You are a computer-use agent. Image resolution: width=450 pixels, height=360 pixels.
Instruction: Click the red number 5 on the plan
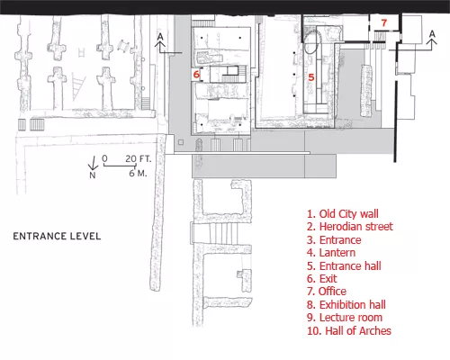[x=311, y=77]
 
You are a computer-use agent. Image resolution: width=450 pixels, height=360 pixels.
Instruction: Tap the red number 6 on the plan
[x=196, y=74]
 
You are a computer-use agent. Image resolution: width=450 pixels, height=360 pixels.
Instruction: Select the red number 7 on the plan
[x=384, y=22]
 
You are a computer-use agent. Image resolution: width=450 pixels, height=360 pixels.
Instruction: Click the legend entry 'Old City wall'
[x=343, y=214]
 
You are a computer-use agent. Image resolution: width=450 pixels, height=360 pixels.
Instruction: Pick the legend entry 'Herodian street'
[x=350, y=227]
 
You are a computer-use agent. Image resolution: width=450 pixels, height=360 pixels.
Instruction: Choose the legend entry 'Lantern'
[x=331, y=253]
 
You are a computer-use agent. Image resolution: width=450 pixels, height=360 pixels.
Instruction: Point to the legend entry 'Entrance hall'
[x=344, y=265]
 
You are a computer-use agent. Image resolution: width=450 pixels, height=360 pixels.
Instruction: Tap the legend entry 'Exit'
[x=322, y=279]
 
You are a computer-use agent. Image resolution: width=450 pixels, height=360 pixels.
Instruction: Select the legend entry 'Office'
[x=327, y=292]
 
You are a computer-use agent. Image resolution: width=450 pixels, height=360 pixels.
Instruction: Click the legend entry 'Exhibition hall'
[x=346, y=305]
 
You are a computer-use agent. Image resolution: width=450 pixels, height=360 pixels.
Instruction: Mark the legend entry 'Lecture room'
[x=345, y=318]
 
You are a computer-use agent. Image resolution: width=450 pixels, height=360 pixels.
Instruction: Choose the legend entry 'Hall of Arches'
[x=349, y=331]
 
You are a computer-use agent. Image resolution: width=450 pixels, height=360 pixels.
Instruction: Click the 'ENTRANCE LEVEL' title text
[x=57, y=236]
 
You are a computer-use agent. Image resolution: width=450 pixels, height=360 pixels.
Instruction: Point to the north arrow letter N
[x=93, y=175]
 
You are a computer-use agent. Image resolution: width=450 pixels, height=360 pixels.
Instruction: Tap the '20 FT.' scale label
[x=139, y=158]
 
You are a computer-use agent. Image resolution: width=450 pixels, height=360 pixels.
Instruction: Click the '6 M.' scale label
[x=138, y=173]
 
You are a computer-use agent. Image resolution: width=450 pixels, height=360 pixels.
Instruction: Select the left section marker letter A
[x=160, y=37]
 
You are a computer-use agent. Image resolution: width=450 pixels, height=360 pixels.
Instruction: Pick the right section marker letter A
[x=432, y=34]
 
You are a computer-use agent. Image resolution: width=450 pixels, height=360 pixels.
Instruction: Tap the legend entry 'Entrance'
[x=334, y=240]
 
